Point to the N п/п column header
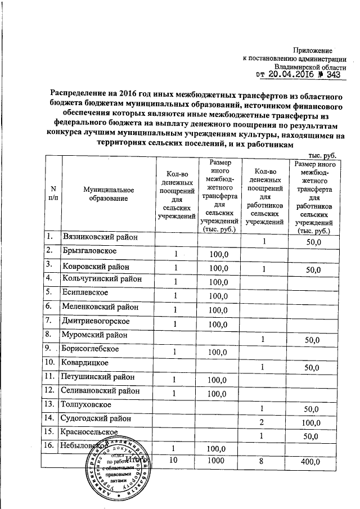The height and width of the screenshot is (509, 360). click(53, 195)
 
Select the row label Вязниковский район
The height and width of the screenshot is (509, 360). click(100, 237)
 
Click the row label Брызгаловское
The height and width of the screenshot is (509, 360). click(89, 250)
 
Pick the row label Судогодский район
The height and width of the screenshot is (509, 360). click(98, 418)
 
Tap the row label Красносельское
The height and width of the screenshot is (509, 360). click(90, 431)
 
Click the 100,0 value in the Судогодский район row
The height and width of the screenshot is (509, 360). click(311, 422)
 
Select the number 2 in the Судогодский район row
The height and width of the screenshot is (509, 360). click(262, 422)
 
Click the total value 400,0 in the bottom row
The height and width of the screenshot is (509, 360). click(311, 462)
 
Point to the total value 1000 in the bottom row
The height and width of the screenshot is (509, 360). click(217, 461)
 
